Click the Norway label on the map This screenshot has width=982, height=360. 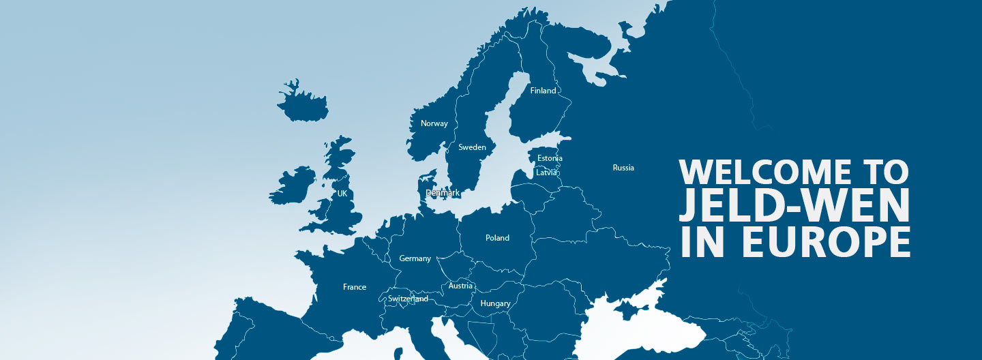tap(434, 123)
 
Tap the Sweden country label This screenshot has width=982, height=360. tap(472, 147)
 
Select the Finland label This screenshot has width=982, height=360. tap(543, 91)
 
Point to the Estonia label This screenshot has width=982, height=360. tap(550, 158)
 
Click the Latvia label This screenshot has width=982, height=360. tap(546, 172)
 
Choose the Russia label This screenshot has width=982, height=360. tap(623, 168)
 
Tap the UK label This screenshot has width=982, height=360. tap(342, 194)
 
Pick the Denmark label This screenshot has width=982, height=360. tap(443, 193)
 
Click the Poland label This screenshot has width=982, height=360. tap(497, 238)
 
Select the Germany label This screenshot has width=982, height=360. tap(415, 258)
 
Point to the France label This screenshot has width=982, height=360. tap(355, 287)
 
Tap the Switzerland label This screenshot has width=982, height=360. tap(408, 299)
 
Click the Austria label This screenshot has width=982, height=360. tap(460, 286)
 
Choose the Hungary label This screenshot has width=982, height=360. tap(495, 303)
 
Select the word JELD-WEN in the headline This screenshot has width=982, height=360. tap(794, 207)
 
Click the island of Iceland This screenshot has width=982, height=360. tap(302, 103)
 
